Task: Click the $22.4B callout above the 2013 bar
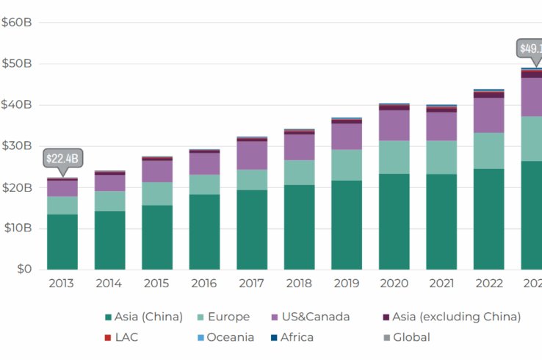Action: click(62, 158)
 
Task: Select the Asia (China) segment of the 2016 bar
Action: click(204, 231)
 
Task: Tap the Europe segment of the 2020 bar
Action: click(394, 157)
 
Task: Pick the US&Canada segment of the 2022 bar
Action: click(488, 115)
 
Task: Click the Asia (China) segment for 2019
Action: click(347, 225)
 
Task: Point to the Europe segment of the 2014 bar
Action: click(109, 201)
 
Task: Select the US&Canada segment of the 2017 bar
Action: click(252, 155)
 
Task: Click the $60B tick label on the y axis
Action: click(17, 22)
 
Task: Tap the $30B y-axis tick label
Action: click(17, 145)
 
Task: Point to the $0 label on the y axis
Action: click(25, 269)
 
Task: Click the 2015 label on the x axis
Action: click(156, 283)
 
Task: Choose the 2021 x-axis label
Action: click(441, 283)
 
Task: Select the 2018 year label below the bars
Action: click(299, 283)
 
